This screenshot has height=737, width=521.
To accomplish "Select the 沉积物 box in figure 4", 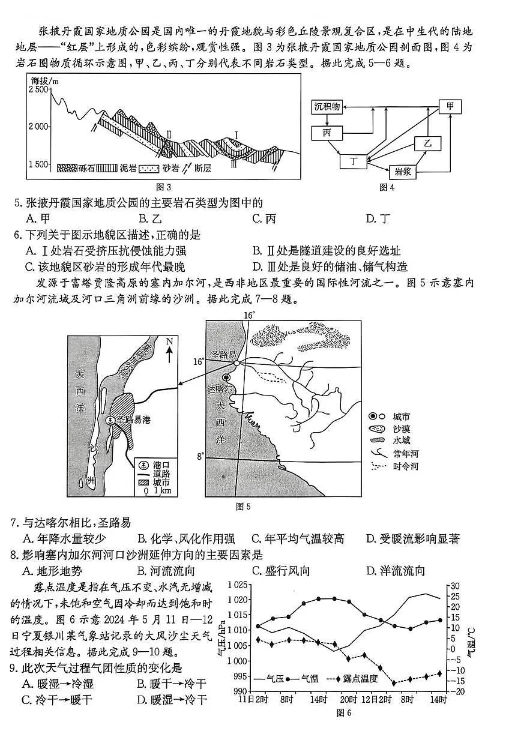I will pyautogui.click(x=327, y=107).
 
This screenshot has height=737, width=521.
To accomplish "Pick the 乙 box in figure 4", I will pyautogui.click(x=427, y=143).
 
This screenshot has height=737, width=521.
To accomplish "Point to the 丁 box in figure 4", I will pyautogui.click(x=354, y=161).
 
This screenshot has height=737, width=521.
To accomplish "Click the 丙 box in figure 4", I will pyautogui.click(x=327, y=132).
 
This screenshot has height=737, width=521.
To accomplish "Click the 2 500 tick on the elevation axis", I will pyautogui.click(x=38, y=89).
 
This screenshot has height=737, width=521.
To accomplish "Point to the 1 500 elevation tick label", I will pyautogui.click(x=38, y=164).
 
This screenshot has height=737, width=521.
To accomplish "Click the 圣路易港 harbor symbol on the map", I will pyautogui.click(x=110, y=421).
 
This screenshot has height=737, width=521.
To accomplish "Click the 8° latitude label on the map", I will pyautogui.click(x=200, y=457).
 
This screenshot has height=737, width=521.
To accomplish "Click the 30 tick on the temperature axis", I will pyautogui.click(x=454, y=585).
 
